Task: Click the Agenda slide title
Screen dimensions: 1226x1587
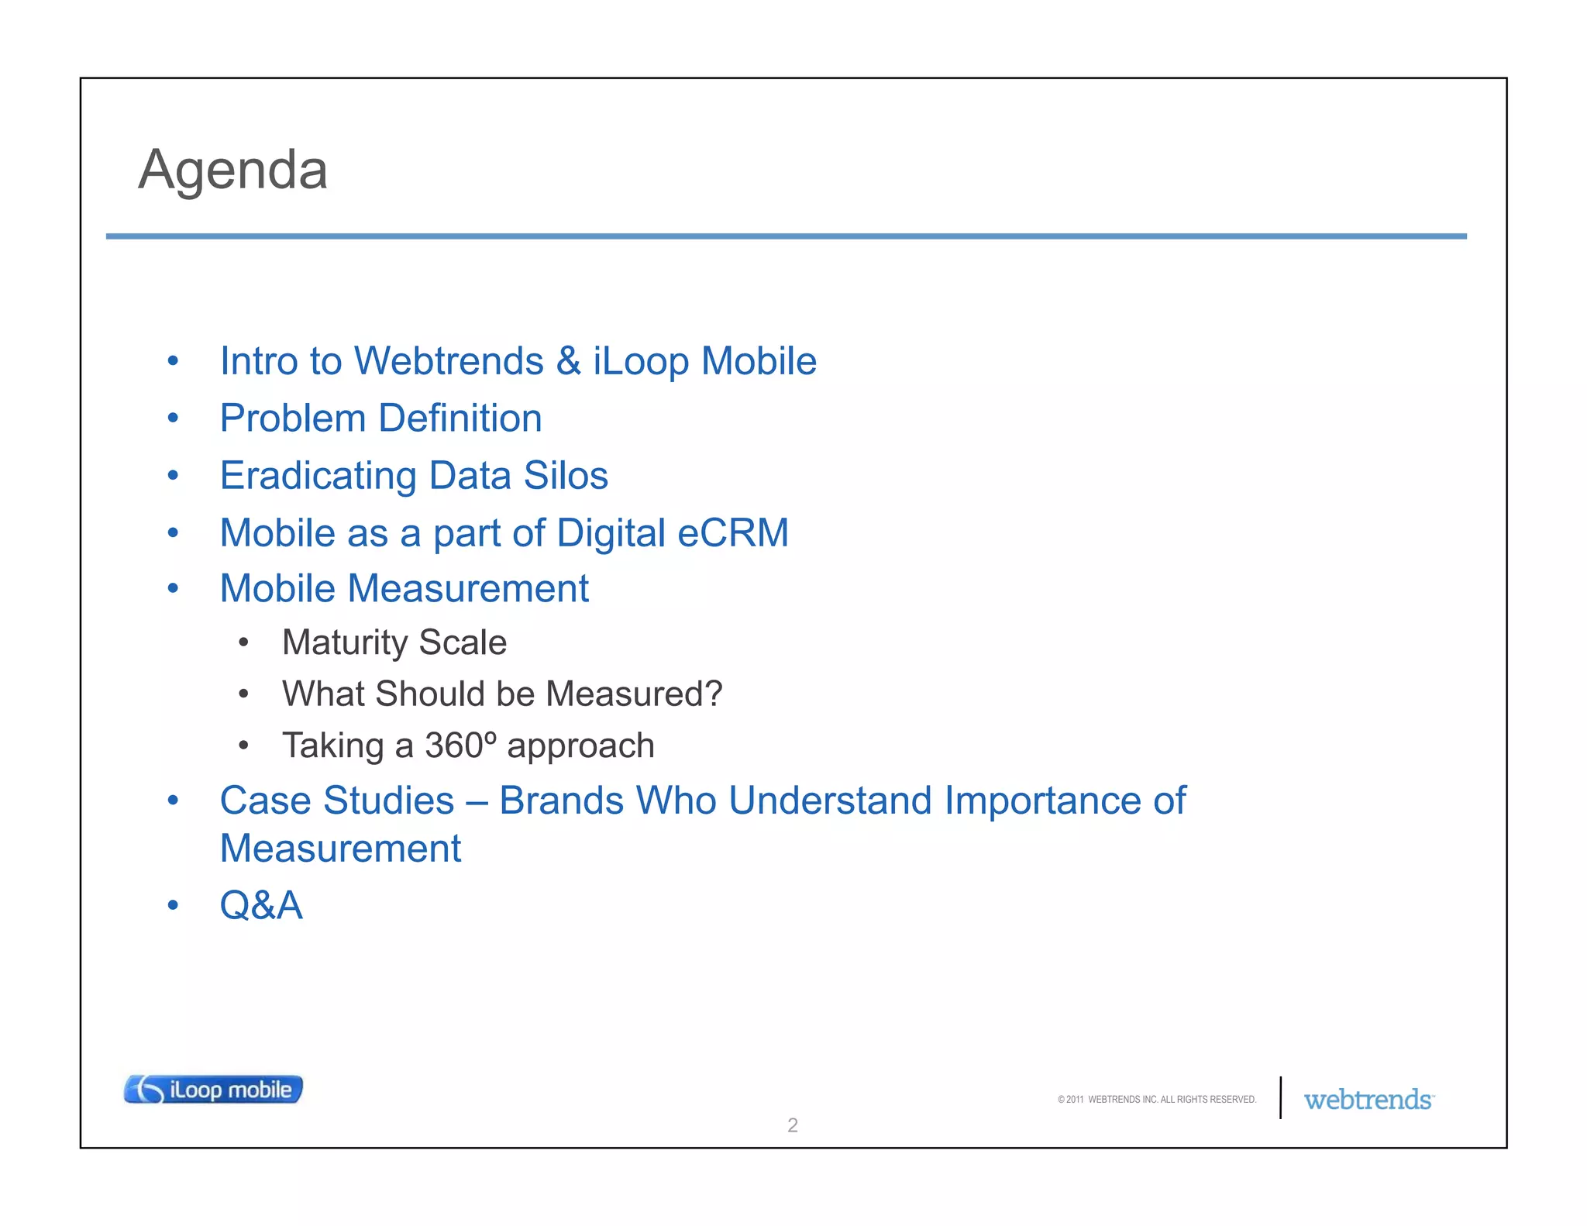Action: click(232, 169)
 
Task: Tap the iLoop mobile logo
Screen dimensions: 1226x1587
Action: click(213, 1089)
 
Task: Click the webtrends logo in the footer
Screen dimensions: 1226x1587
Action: click(1368, 1100)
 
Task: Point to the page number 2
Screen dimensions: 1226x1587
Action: click(792, 1125)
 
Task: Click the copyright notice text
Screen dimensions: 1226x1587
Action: click(1156, 1100)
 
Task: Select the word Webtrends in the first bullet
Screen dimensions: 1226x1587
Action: click(449, 361)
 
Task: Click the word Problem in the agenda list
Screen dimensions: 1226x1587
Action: click(292, 419)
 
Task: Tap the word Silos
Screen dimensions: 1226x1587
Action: click(566, 475)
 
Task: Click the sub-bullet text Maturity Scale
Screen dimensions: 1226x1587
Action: click(394, 642)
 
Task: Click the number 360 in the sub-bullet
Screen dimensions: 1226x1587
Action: click(454, 746)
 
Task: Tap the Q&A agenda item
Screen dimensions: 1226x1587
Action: click(261, 905)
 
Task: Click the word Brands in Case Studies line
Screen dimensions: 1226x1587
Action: click(561, 801)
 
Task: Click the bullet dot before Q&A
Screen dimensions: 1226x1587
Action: click(173, 905)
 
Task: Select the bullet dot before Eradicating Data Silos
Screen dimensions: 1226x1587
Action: click(173, 475)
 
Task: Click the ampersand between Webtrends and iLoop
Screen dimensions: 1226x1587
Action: click(568, 361)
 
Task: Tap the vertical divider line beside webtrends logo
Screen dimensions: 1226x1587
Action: click(1280, 1097)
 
